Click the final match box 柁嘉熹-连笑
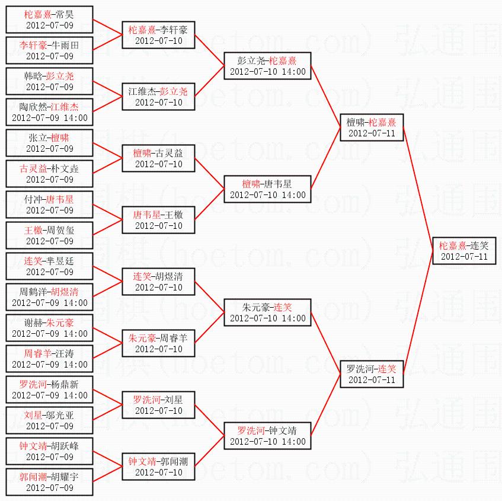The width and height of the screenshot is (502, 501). [x=463, y=251]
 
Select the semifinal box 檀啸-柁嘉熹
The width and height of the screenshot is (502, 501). [x=372, y=127]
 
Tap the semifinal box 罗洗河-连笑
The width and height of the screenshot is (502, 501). [x=372, y=374]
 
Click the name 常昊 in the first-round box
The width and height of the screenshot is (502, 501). [x=65, y=14]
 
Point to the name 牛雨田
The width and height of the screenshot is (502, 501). [x=65, y=44]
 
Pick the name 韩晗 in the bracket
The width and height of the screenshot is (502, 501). [x=34, y=75]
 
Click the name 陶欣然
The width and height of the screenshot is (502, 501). [x=34, y=107]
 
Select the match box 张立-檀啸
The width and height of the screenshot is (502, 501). [x=50, y=143]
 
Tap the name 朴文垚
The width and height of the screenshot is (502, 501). [x=65, y=168]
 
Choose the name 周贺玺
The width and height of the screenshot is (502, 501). [x=65, y=229]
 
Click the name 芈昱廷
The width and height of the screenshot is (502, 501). [x=65, y=260]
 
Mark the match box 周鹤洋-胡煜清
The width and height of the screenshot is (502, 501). [x=50, y=297]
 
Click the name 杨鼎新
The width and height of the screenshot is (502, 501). [x=65, y=384]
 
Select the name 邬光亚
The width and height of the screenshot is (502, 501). [x=65, y=414]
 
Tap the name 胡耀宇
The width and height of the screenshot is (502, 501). [x=65, y=476]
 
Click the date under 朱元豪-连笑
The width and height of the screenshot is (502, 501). [x=268, y=318]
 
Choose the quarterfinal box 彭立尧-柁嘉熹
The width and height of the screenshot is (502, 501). [x=268, y=66]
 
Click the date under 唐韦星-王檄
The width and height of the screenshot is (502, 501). [x=158, y=226]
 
